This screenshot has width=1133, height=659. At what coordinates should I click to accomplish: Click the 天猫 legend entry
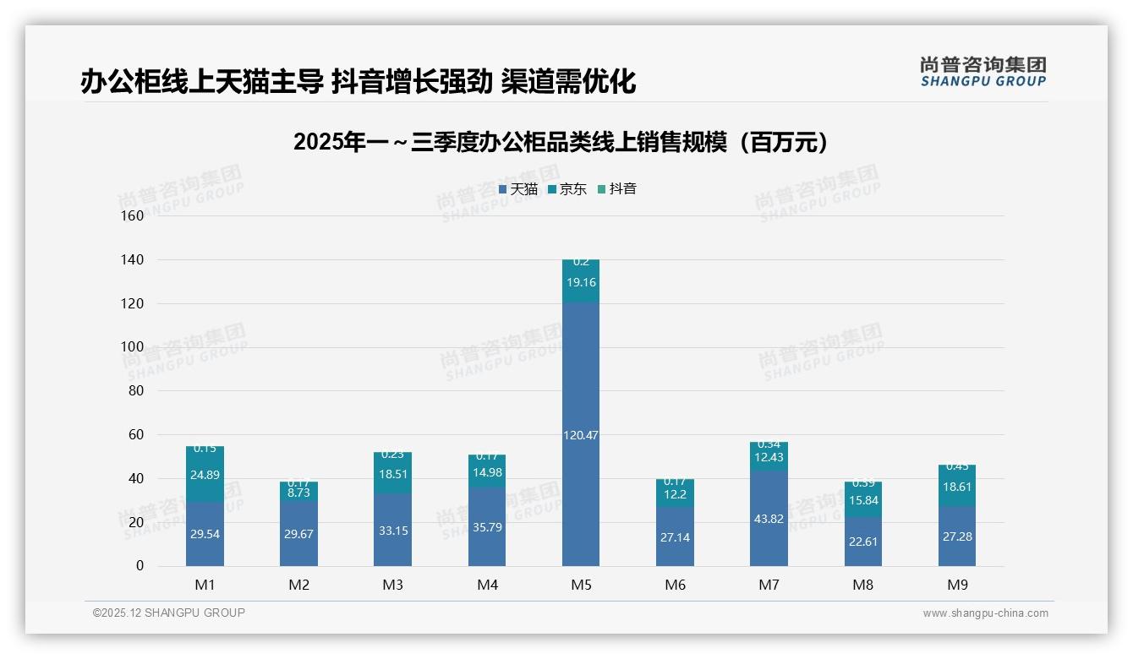518,189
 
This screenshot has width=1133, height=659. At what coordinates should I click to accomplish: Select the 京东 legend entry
567,189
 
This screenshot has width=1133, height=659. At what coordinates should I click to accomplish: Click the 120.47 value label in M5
581,435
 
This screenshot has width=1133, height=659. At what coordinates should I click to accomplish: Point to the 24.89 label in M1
205,475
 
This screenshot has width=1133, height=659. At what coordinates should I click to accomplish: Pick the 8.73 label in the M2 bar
299,492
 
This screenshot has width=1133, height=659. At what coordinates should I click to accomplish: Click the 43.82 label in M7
769,519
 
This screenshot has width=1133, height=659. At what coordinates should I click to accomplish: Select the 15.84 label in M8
862,501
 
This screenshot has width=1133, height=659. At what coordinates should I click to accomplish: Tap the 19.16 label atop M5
581,282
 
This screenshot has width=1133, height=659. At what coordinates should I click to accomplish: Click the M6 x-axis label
675,585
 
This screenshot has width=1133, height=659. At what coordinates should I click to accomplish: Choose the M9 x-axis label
956,585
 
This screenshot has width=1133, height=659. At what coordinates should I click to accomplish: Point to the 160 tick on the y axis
133,215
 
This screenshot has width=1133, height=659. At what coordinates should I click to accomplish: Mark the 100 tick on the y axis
133,346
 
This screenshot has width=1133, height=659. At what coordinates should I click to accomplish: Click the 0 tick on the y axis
140,566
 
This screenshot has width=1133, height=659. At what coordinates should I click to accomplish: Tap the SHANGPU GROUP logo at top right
982,72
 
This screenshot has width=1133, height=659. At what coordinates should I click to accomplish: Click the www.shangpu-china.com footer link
985,613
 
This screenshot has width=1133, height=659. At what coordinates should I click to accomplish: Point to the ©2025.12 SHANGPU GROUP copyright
169,613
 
